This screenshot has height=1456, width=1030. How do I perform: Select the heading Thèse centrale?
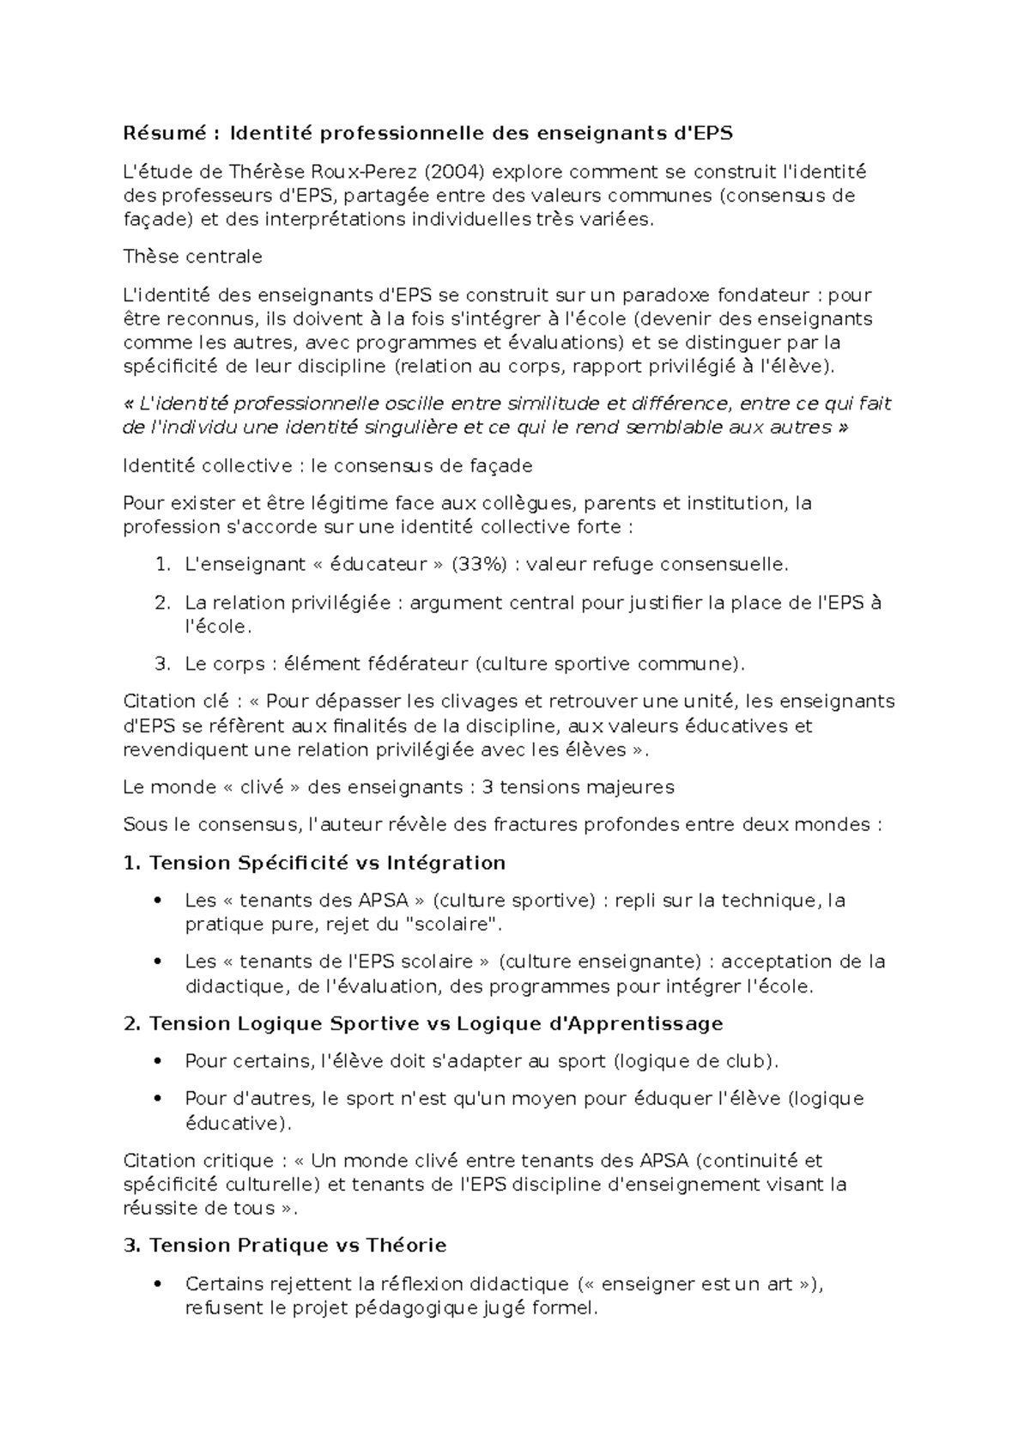[192, 257]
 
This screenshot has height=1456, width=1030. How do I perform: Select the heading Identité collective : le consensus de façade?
[327, 465]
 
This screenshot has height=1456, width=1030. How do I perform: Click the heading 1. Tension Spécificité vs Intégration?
[314, 863]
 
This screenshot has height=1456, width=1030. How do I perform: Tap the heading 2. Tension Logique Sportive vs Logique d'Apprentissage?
[423, 1023]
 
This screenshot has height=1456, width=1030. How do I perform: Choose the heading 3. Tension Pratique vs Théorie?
[285, 1246]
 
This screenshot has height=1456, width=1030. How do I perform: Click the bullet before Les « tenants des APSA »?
[156, 901]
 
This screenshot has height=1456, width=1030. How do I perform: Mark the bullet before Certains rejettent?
[156, 1284]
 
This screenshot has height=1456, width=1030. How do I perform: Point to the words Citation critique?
[197, 1161]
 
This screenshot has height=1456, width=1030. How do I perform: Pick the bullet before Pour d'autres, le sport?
[156, 1099]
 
